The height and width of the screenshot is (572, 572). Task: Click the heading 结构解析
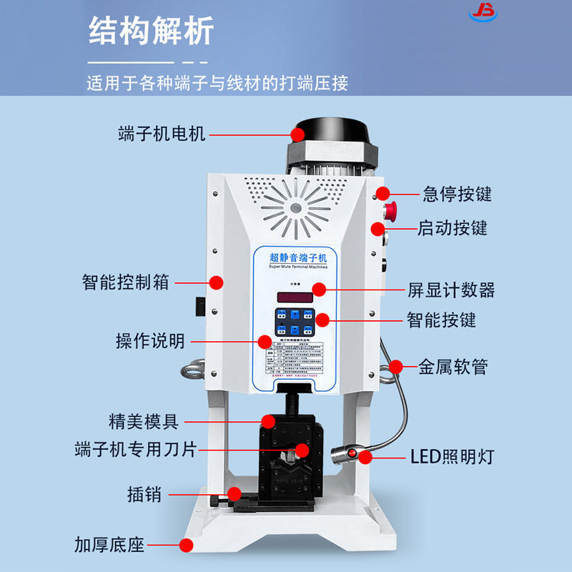click(x=151, y=31)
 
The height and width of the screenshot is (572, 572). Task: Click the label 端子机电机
click(x=162, y=134)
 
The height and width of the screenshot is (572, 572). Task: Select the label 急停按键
click(x=457, y=193)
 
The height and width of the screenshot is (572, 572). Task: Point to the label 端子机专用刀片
click(x=135, y=450)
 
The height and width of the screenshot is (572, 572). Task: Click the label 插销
click(x=144, y=493)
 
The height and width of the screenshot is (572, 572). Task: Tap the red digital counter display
click(x=295, y=296)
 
